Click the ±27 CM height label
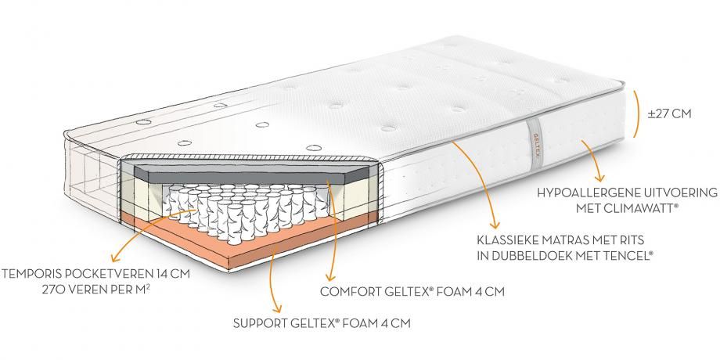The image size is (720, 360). point(669,114)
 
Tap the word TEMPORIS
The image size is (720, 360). point(31,274)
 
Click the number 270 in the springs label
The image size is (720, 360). point(52,290)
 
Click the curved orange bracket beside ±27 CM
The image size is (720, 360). point(637,113)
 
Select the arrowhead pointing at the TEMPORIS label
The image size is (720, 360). point(115,257)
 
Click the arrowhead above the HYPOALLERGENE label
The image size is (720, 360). point(599,177)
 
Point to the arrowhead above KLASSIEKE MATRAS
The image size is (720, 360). point(494,224)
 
